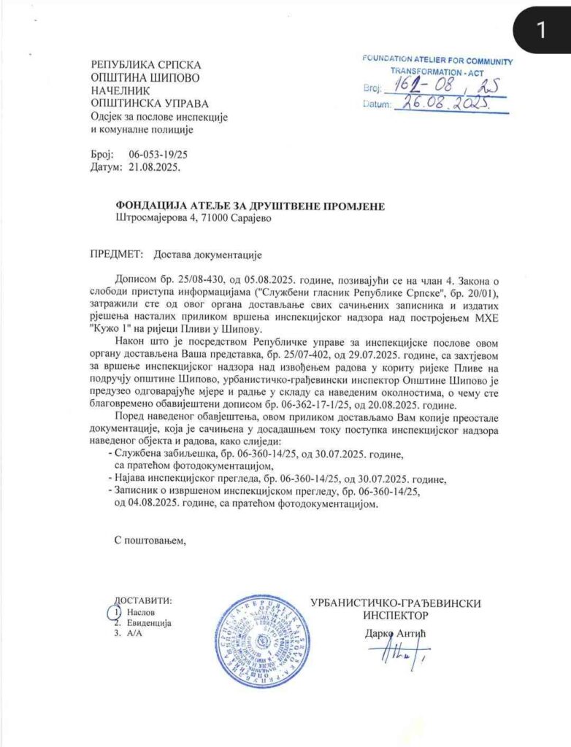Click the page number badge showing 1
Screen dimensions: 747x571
point(540,30)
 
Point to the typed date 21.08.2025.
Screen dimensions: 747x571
point(153,166)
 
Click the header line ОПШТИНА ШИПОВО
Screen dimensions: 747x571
point(145,77)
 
